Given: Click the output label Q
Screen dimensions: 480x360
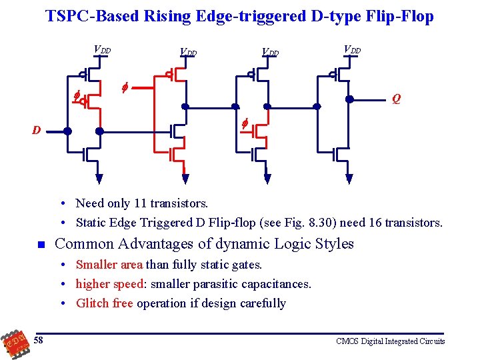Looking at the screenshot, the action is (397, 100).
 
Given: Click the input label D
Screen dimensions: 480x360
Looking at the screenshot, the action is (37, 130).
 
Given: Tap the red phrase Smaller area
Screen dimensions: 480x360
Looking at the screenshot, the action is (109, 265).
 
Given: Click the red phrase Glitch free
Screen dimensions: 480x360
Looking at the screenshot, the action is (105, 303).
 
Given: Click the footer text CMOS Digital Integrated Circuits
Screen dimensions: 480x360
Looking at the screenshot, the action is (391, 341).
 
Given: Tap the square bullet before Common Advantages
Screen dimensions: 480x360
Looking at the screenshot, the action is (41, 245).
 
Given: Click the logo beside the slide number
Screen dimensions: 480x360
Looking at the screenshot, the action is (14, 343).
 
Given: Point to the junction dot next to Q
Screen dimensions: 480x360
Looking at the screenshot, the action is (349, 99).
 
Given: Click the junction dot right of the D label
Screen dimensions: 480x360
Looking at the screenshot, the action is (67, 131).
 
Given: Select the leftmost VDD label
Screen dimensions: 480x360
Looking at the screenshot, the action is (102, 49).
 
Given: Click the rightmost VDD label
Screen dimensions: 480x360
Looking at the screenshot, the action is (352, 49).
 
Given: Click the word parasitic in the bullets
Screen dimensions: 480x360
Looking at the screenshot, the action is (227, 284).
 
